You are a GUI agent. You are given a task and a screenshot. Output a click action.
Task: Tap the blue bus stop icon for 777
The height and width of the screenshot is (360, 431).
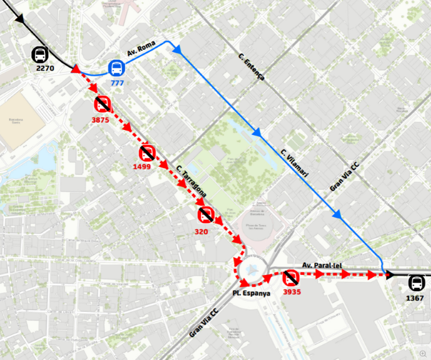tap(116, 67)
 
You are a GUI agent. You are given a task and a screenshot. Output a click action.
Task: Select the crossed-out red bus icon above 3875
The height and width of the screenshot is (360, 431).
tap(102, 103)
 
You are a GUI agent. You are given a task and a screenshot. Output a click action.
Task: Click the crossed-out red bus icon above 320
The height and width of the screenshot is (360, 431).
tap(206, 215)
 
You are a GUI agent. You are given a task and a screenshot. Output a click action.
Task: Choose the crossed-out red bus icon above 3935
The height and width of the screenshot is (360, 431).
tap(290, 278)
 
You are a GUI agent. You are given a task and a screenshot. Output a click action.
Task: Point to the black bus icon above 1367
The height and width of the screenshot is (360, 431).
tap(416, 282)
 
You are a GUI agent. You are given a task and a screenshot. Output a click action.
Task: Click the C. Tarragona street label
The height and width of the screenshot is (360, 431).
tap(191, 184)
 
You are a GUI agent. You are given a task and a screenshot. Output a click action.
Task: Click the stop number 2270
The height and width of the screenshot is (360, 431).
tap(45, 67)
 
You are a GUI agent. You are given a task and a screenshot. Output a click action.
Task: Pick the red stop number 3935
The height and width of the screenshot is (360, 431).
tap(292, 291)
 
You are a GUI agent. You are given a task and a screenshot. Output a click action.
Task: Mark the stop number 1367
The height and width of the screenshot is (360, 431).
tap(415, 297)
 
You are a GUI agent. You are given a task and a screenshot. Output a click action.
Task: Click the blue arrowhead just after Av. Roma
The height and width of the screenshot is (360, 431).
tap(177, 49)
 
